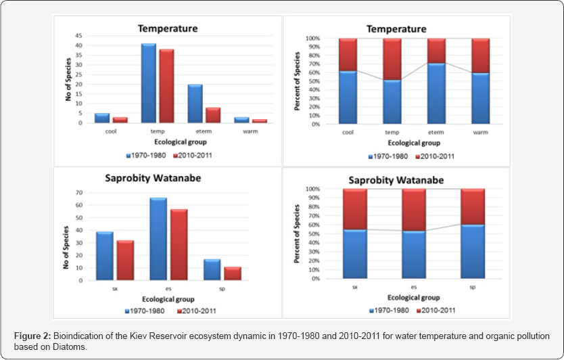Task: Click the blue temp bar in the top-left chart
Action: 148,83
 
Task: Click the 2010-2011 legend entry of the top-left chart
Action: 197,156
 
